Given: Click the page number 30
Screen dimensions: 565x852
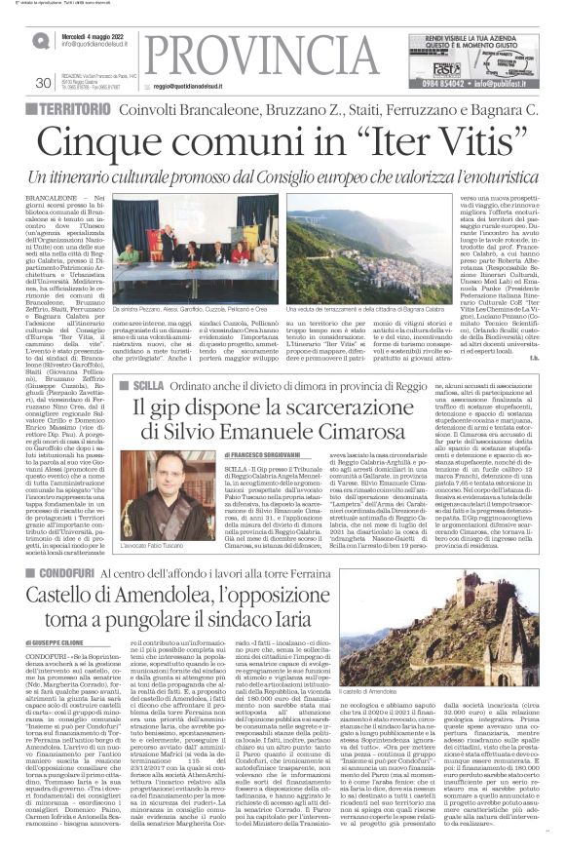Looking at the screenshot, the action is coord(42,83).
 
